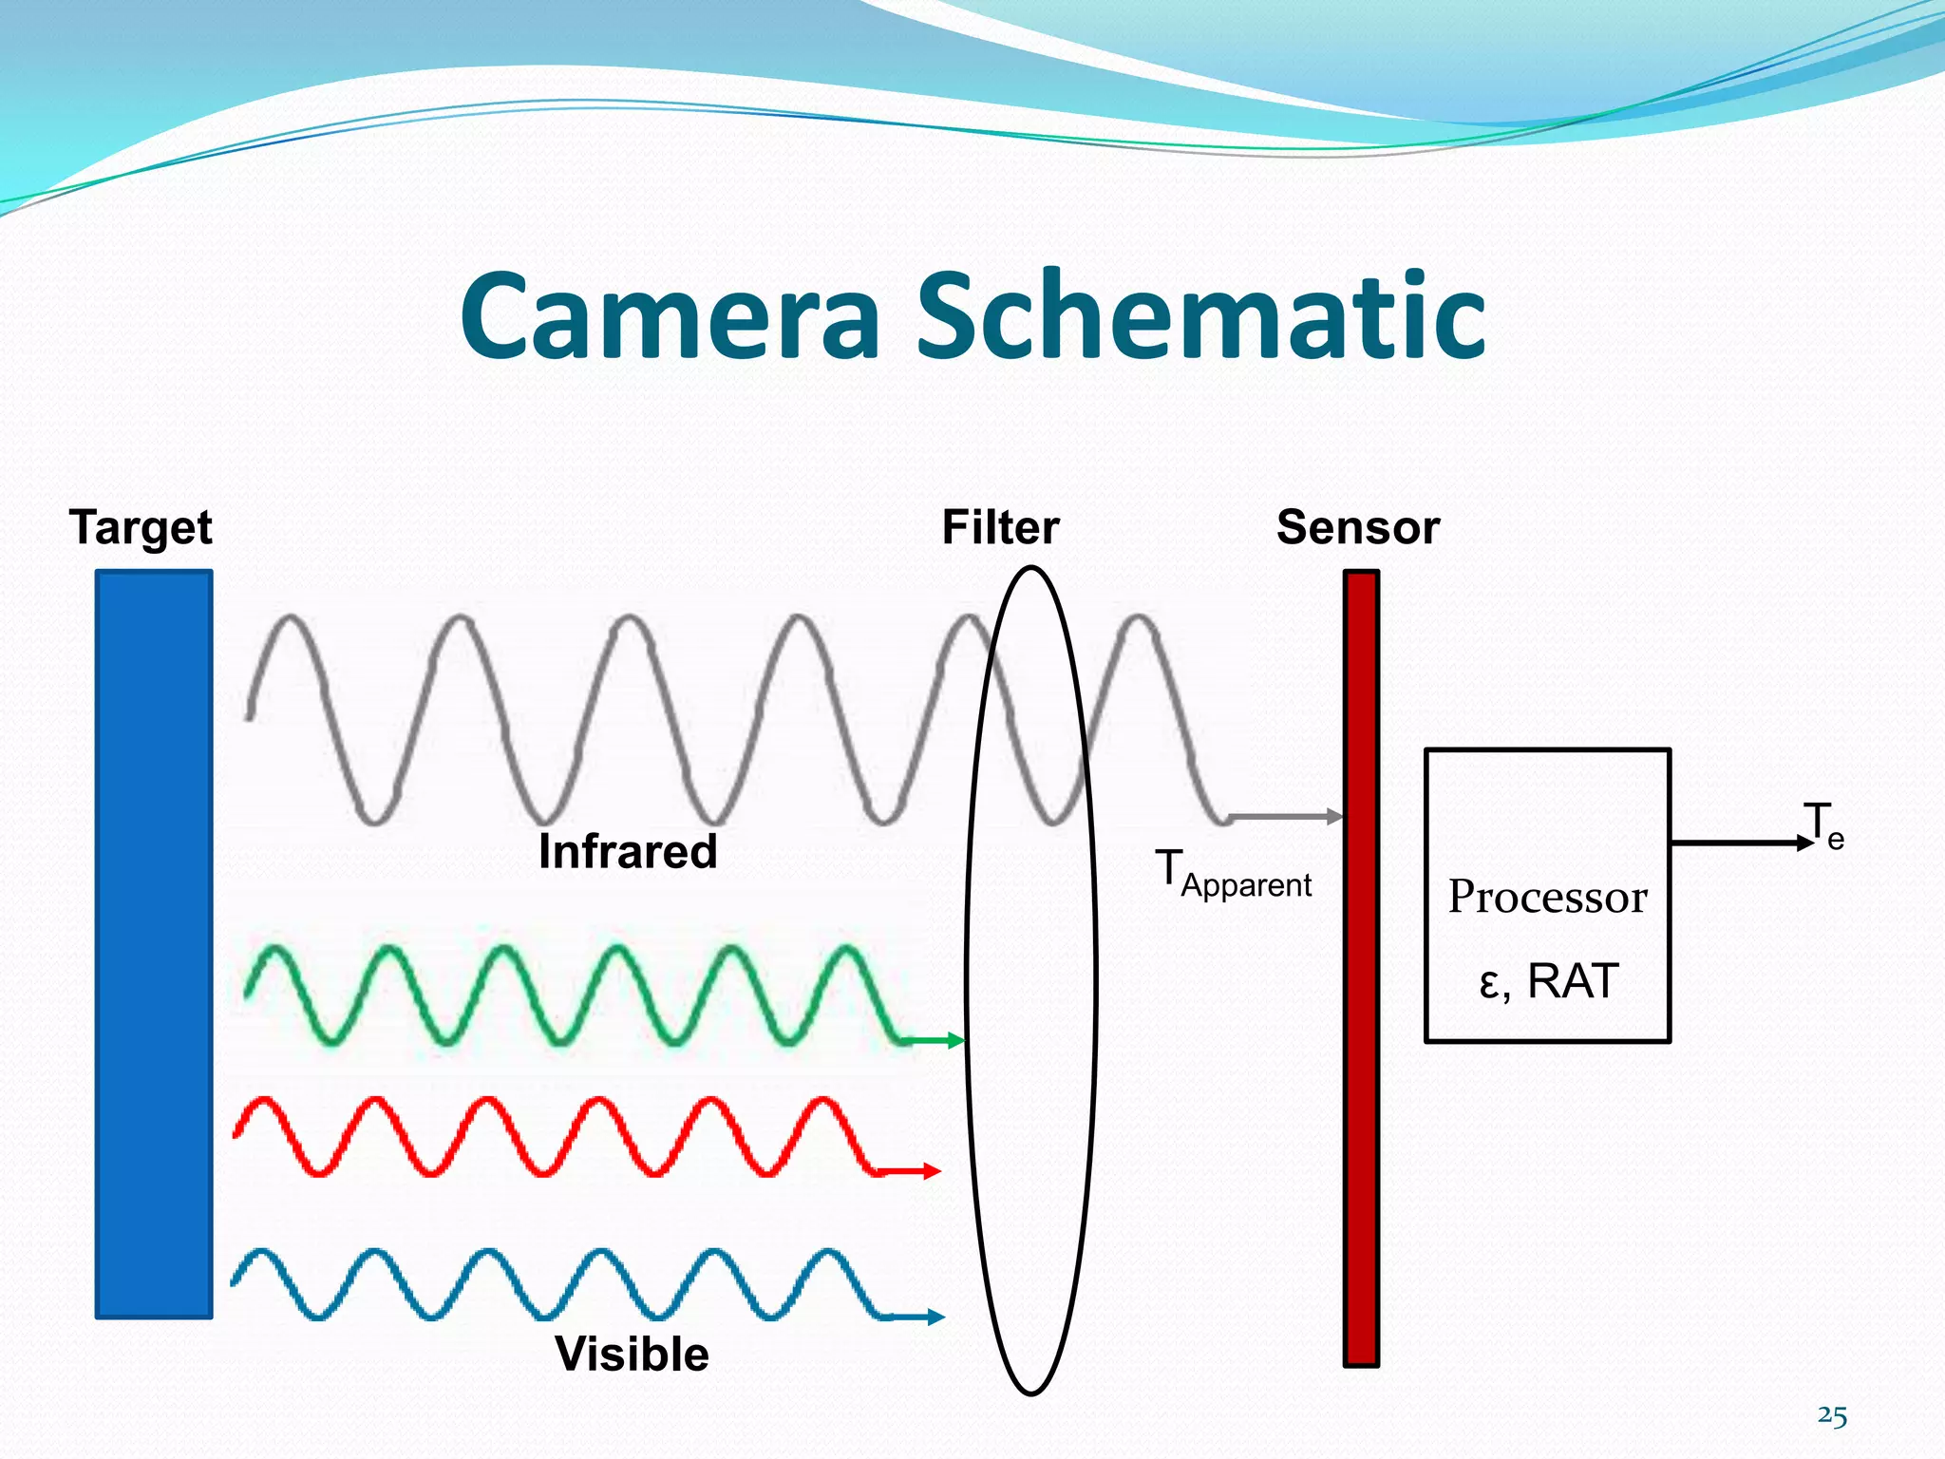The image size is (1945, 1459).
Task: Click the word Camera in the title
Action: pyautogui.click(x=670, y=317)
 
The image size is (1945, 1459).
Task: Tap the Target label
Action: pyautogui.click(x=141, y=528)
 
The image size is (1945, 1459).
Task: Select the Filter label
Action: pyautogui.click(x=1000, y=527)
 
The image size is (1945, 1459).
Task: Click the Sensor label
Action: pyautogui.click(x=1357, y=527)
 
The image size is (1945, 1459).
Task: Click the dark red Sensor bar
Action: pyautogui.click(x=1360, y=968)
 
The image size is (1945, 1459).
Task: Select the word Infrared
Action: pyautogui.click(x=627, y=851)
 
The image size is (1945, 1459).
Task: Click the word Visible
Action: pyautogui.click(x=632, y=1354)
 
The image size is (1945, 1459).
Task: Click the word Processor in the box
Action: pyautogui.click(x=1547, y=897)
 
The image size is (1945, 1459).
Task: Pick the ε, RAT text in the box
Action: pyautogui.click(x=1548, y=981)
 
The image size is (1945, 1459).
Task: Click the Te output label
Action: pyautogui.click(x=1822, y=824)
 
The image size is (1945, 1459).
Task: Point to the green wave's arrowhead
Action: pyautogui.click(x=955, y=1041)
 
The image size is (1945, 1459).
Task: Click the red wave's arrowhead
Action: pyautogui.click(x=932, y=1171)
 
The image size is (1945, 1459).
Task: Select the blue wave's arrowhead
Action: pyautogui.click(x=935, y=1317)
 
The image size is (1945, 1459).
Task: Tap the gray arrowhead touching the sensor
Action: pyautogui.click(x=1334, y=816)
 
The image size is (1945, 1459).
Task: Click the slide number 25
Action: pyautogui.click(x=1832, y=1416)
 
